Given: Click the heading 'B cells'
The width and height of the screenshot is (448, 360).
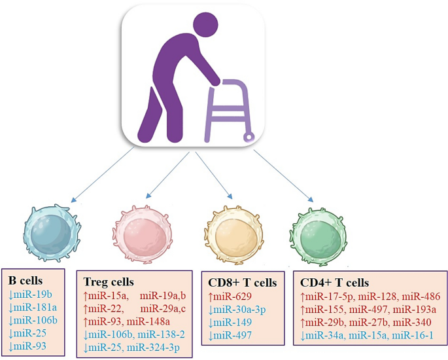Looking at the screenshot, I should pyautogui.click(x=26, y=279).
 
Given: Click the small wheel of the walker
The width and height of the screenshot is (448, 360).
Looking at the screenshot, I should pyautogui.click(x=248, y=137).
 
